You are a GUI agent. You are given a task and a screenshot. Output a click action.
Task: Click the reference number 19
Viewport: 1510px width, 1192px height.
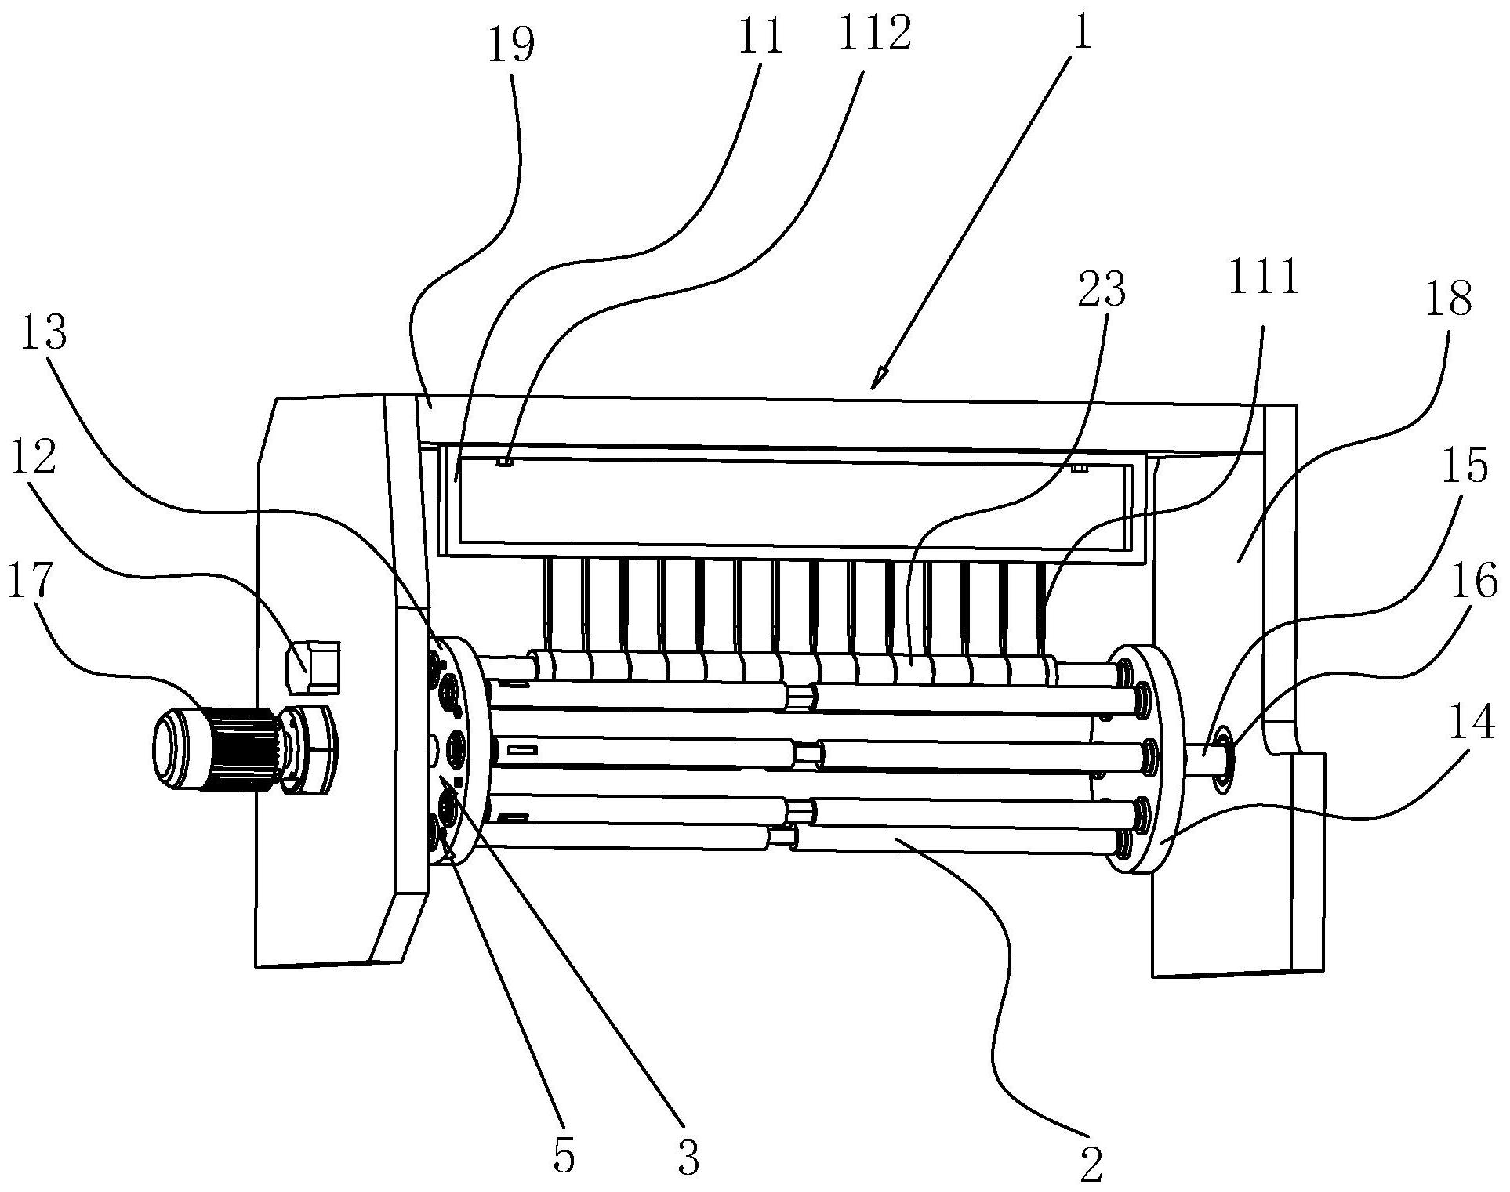coord(510,46)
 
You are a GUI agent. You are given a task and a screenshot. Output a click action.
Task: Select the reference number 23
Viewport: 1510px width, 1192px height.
coord(1101,291)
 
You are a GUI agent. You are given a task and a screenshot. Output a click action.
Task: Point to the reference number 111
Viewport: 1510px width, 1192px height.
coord(1263,278)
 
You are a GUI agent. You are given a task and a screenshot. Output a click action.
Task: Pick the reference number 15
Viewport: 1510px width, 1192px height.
coord(1467,467)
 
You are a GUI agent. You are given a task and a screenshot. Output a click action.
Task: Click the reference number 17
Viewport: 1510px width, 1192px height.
coord(31,581)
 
